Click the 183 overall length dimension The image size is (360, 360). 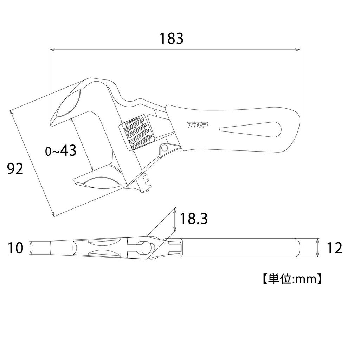172,39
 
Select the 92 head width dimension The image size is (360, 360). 15,169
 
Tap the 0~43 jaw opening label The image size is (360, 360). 61,151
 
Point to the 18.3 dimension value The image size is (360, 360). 194,219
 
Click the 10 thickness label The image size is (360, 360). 15,248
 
